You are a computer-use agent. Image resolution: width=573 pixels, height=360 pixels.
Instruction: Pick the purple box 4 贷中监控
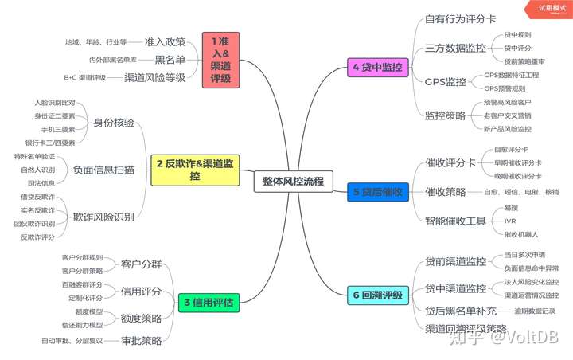pyautogui.click(x=376, y=68)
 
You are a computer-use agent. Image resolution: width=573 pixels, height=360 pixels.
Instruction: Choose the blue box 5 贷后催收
pyautogui.click(x=377, y=192)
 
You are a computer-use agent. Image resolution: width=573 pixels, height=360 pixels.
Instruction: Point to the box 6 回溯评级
pyautogui.click(x=377, y=295)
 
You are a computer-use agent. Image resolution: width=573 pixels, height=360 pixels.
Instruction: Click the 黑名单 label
pyautogui.click(x=170, y=60)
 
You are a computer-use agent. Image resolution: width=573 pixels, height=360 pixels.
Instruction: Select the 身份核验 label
pyautogui.click(x=114, y=123)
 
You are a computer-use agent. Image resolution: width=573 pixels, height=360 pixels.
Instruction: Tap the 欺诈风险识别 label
pyautogui.click(x=103, y=217)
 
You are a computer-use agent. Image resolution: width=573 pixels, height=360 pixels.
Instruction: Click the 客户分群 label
pyautogui.click(x=141, y=264)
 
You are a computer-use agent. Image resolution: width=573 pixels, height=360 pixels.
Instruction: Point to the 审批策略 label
pyautogui.click(x=141, y=341)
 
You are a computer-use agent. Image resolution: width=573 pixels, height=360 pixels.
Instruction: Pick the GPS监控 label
pyautogui.click(x=445, y=81)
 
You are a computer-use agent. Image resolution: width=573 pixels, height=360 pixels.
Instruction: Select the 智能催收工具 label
pyautogui.click(x=455, y=221)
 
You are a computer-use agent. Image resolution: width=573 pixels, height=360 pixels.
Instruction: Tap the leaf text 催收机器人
pyautogui.click(x=522, y=234)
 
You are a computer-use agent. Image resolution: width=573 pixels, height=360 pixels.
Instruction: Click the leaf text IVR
pyautogui.click(x=511, y=221)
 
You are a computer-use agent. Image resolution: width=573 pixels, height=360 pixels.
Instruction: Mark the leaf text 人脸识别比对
pyautogui.click(x=55, y=103)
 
